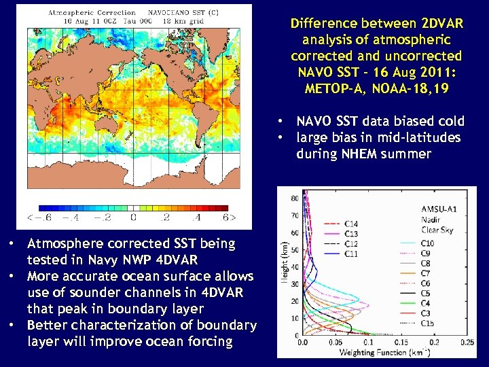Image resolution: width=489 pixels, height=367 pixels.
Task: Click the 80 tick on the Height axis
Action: point(294,198)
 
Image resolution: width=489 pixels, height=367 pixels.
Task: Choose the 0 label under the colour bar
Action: point(133,218)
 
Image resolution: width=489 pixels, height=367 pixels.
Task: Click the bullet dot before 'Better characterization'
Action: point(13,325)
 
